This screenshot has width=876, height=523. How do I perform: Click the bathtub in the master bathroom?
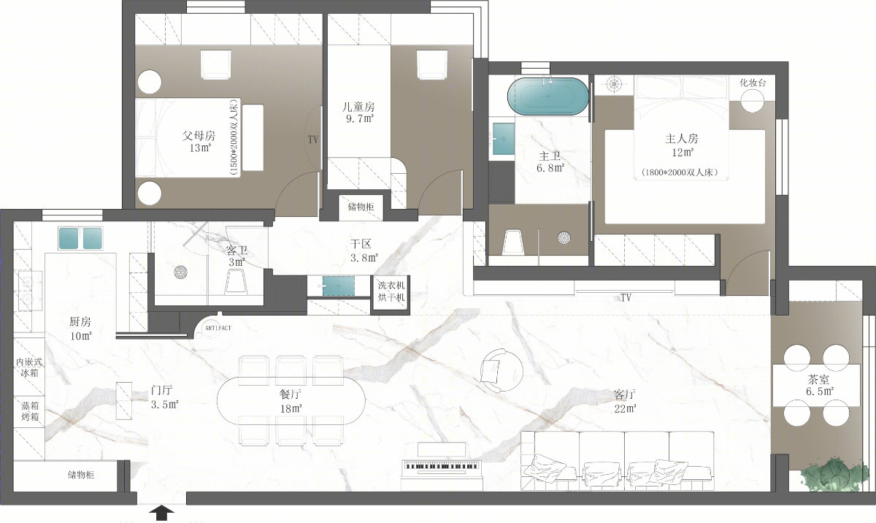[548, 96]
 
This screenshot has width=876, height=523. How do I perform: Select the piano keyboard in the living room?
[441, 465]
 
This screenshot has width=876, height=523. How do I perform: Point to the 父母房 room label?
[199, 136]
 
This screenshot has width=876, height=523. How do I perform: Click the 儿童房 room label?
[358, 107]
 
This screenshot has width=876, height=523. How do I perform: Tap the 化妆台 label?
[753, 83]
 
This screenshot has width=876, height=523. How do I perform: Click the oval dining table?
[291, 401]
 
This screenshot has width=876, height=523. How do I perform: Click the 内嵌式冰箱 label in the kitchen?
[29, 367]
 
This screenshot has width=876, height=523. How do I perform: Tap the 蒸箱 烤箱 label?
[30, 411]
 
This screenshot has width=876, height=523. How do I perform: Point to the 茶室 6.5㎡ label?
[818, 385]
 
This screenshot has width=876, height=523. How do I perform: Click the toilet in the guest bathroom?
[236, 282]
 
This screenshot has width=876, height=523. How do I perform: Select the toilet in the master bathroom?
[512, 243]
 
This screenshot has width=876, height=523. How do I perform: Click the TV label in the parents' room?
[313, 140]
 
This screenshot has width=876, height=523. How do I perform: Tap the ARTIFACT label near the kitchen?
[218, 328]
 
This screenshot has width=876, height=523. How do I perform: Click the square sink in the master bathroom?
[503, 139]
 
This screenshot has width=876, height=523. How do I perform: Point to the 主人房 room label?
[681, 139]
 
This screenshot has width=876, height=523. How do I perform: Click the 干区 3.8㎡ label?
[364, 251]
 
